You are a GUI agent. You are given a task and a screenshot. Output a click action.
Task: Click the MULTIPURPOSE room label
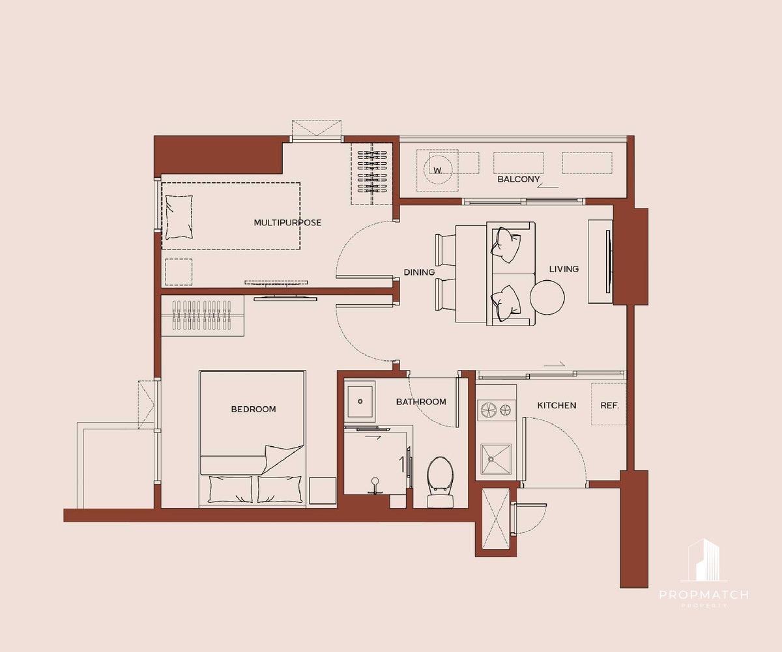tap(287, 223)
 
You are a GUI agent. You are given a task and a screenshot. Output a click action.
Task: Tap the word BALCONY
tap(518, 179)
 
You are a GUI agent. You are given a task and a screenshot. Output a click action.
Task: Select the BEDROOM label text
tap(253, 409)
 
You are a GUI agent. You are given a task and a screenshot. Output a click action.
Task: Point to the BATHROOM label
tap(421, 402)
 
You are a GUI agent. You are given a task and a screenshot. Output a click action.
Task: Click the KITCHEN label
tap(557, 405)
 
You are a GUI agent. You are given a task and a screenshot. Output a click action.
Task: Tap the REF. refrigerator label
tap(609, 405)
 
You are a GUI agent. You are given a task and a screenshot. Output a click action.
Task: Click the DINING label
tap(419, 272)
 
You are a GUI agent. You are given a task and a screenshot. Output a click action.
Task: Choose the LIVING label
tap(564, 269)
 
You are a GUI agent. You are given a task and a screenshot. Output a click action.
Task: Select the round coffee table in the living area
tap(547, 298)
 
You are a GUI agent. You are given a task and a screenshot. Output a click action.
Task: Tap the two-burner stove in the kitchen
tap(496, 410)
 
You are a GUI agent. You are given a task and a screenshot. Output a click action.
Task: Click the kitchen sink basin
tap(496, 459)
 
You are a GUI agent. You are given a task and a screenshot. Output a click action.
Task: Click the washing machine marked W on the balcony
tap(437, 170)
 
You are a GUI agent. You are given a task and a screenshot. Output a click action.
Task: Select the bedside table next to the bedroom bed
tap(323, 490)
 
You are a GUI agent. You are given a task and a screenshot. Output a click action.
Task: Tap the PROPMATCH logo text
tap(704, 595)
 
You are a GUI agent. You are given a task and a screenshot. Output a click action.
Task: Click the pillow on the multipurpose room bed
tap(179, 217)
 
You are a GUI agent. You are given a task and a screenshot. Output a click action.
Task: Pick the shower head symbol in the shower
tap(375, 486)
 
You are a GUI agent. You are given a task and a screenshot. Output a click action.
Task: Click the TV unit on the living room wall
tap(600, 261)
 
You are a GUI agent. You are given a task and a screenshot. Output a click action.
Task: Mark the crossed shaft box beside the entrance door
tap(495, 518)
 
